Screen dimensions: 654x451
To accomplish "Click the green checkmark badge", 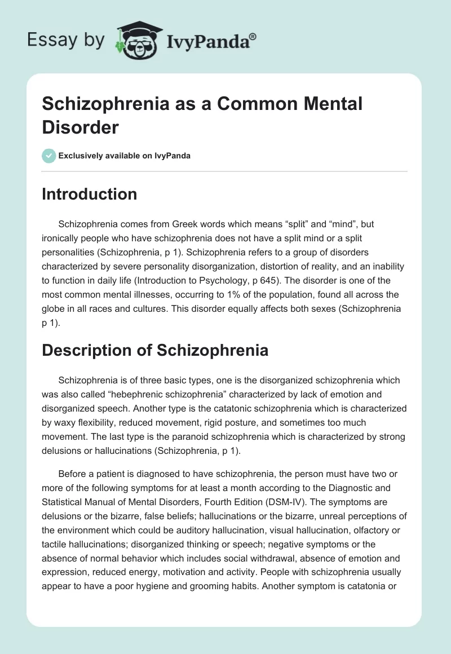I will pyautogui.click(x=49, y=156).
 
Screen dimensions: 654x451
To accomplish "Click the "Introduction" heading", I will pyautogui.click(x=90, y=194).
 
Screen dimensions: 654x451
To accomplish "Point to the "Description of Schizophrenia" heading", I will pyautogui.click(x=155, y=350).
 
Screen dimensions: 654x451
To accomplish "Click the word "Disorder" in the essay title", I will pyautogui.click(x=80, y=127).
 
